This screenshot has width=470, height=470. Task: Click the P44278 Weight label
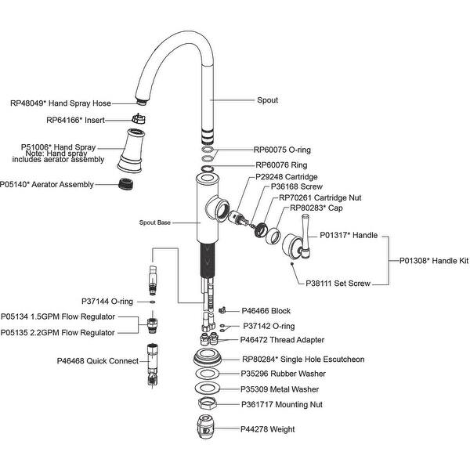pos(268,429)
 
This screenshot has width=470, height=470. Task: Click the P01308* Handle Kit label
pos(434,261)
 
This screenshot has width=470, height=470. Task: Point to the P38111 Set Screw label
pos(338,284)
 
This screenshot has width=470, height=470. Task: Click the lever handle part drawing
pos(298,246)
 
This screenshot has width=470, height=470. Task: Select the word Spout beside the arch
pos(268,100)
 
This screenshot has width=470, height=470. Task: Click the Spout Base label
pos(154,222)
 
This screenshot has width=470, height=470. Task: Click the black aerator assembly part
pos(122,186)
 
